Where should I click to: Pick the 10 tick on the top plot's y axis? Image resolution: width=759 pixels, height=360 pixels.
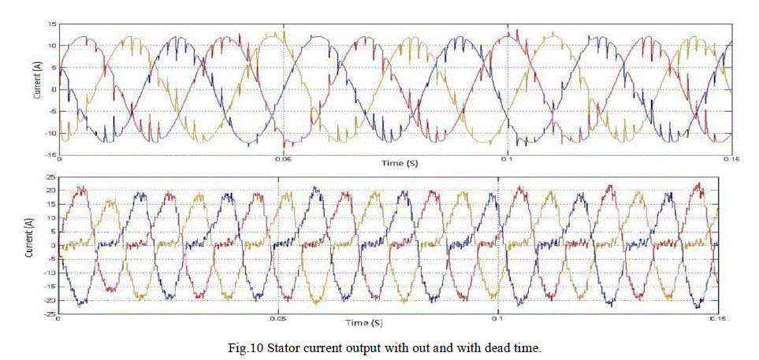(52, 46)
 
